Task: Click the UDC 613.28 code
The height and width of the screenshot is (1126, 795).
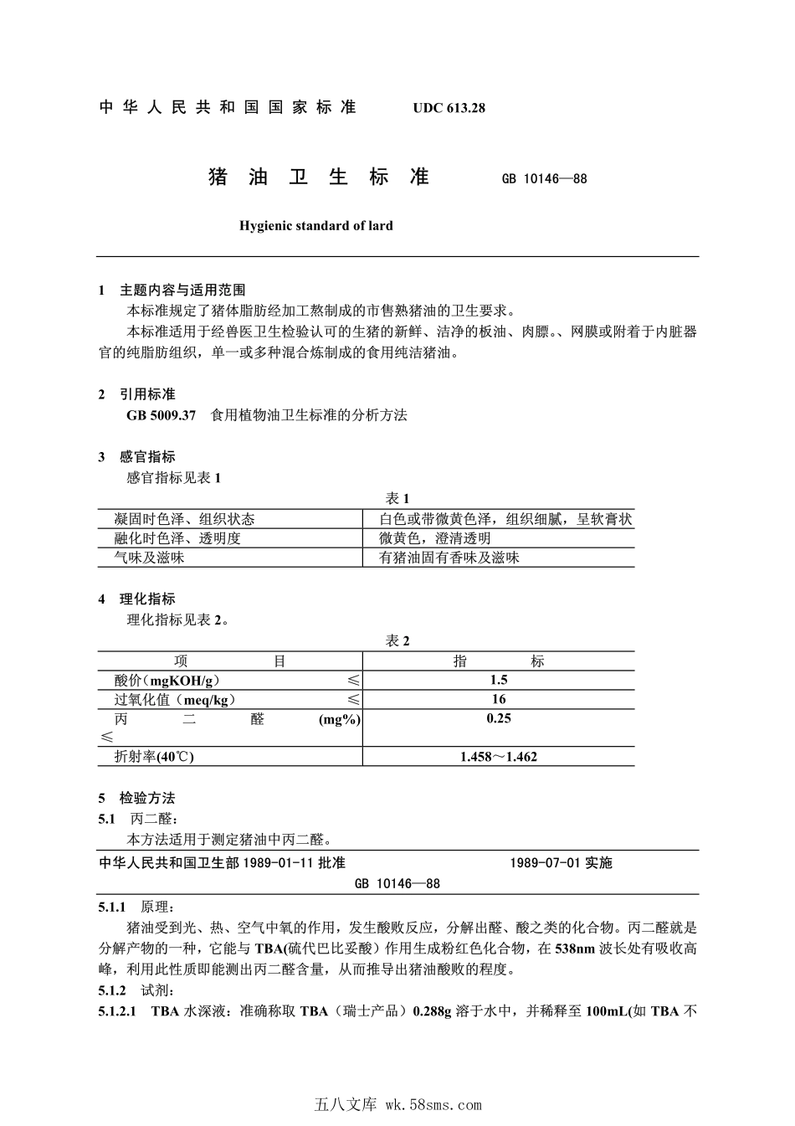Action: [449, 108]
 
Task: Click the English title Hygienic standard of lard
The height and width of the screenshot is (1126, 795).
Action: [315, 225]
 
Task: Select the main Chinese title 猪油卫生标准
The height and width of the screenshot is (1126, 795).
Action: [318, 177]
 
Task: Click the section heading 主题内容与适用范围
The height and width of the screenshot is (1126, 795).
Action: [182, 290]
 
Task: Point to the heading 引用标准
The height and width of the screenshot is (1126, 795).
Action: [147, 394]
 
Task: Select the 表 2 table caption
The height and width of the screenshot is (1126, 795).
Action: [397, 641]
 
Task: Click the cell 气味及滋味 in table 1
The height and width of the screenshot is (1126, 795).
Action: [149, 558]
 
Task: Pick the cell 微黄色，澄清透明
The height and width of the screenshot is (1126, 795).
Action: [435, 538]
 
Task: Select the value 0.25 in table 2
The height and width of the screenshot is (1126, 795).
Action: [499, 718]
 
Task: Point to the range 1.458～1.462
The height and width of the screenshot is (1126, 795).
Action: [499, 757]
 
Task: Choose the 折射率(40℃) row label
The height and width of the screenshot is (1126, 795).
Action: [154, 757]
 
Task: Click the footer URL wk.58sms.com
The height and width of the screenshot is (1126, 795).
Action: [433, 1104]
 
